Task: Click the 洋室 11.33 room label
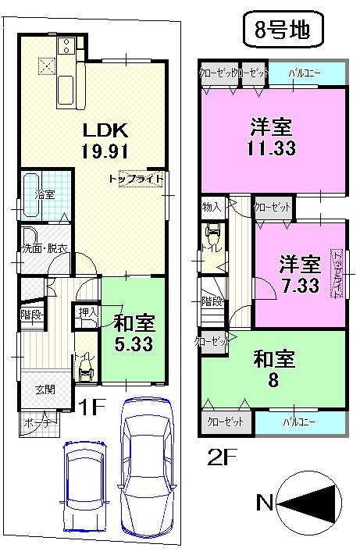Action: [273, 136]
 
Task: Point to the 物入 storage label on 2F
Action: [212, 207]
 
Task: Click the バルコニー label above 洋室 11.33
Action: [303, 73]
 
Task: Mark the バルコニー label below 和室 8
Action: [298, 421]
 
